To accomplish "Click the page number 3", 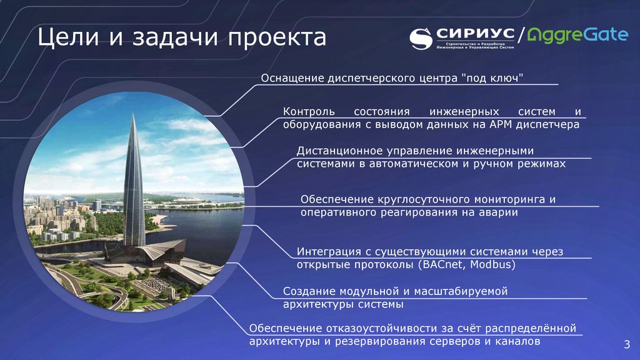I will coord(626,344).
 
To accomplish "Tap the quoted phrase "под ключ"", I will coord(492,78).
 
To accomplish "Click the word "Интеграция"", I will coord(327,251).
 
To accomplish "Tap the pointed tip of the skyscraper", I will coord(133,116).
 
